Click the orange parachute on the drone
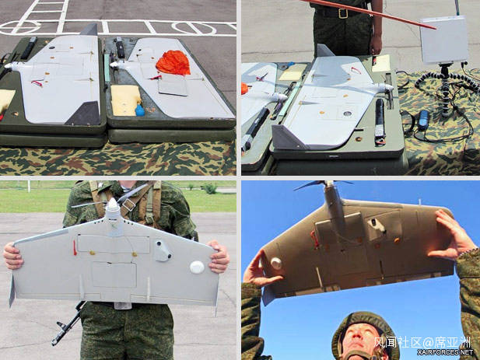pyautogui.click(x=173, y=63)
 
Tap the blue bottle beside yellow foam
pyautogui.click(x=139, y=110)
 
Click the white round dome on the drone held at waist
pyautogui.click(x=197, y=267)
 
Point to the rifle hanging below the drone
pyautogui.click(x=68, y=323)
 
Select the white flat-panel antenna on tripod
pyautogui.click(x=444, y=39)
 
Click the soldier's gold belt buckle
pyautogui.click(x=343, y=13)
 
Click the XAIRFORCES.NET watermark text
pyautogui.click(x=445, y=352)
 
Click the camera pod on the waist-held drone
pyautogui.click(x=163, y=250)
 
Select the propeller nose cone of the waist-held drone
pyautogui.click(x=112, y=205)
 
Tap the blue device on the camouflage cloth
pyautogui.click(x=423, y=120)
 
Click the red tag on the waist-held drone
pyautogui.click(x=75, y=248)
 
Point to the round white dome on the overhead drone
pyautogui.click(x=276, y=263)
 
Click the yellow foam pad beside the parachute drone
pyautogui.click(x=125, y=100)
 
